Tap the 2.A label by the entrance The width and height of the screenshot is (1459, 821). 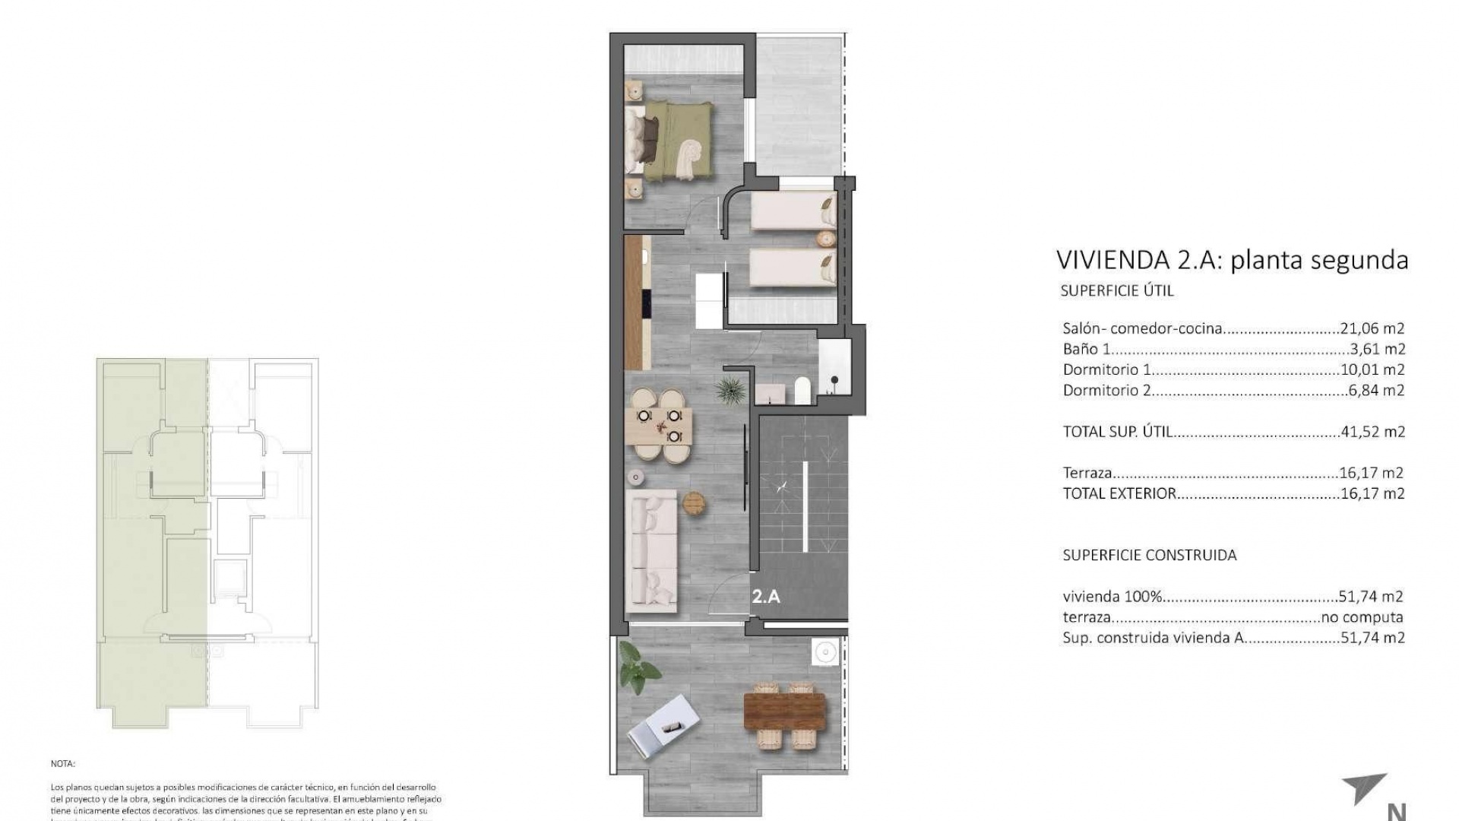click(x=766, y=597)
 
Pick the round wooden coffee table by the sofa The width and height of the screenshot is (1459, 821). click(x=694, y=503)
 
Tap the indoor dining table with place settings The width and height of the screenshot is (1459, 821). click(x=659, y=426)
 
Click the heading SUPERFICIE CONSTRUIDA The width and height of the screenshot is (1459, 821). click(x=1149, y=555)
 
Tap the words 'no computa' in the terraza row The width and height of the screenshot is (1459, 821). click(x=1362, y=617)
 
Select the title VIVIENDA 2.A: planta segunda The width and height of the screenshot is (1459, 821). click(x=1232, y=260)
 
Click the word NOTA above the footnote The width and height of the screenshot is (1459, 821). click(x=63, y=763)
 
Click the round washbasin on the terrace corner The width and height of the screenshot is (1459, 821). click(x=824, y=652)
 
